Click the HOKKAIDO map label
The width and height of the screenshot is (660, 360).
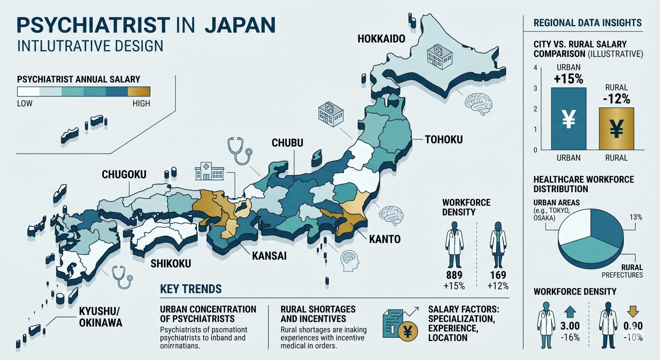(x=381, y=39)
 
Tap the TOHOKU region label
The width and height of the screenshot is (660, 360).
(x=444, y=140)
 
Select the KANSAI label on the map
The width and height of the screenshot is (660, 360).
(x=269, y=256)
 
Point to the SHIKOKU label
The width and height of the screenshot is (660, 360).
(x=171, y=264)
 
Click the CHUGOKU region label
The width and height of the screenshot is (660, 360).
(x=124, y=175)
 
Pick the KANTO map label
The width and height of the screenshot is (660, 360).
(x=385, y=239)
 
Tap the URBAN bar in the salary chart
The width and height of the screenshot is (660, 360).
(x=569, y=119)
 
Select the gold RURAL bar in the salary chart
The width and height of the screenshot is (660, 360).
(x=616, y=129)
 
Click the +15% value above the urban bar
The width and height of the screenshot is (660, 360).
(x=569, y=79)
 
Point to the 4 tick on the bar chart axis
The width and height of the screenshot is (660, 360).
(x=535, y=68)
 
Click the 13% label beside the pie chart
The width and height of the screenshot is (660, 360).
(x=636, y=217)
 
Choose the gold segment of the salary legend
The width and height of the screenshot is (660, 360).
(x=139, y=91)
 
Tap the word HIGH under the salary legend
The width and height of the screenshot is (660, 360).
(x=141, y=103)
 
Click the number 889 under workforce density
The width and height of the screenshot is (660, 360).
(x=454, y=275)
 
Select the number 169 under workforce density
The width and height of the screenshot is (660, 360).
(x=498, y=275)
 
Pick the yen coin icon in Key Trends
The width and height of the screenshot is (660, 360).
(x=408, y=332)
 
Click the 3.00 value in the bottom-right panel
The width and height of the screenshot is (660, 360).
(x=570, y=326)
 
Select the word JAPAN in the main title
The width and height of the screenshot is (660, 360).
(x=240, y=25)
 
